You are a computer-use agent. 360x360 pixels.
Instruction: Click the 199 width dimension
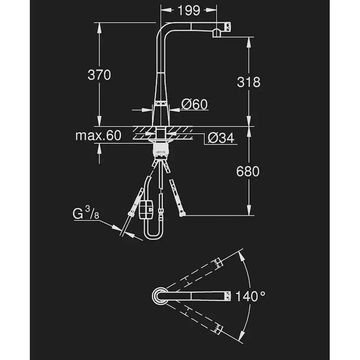tap(189, 10)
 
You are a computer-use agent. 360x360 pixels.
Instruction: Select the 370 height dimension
tap(100, 75)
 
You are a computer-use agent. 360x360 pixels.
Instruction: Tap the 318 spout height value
tap(249, 82)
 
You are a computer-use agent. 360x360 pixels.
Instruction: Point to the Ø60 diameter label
tap(194, 104)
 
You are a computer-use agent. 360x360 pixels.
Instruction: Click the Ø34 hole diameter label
tap(221, 138)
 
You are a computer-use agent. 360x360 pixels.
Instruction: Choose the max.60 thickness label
tap(98, 136)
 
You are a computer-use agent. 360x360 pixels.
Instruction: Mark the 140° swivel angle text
tap(250, 297)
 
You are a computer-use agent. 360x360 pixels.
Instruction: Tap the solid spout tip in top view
tap(227, 297)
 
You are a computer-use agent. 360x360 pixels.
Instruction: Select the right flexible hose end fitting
tap(181, 213)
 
